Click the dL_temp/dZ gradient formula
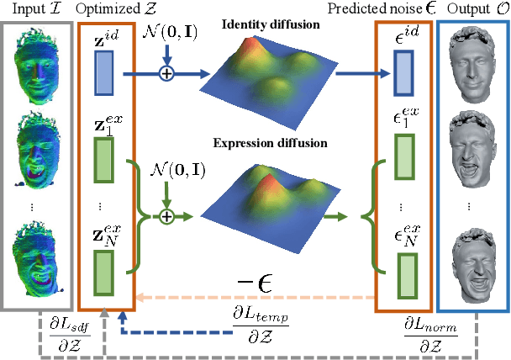(260, 324)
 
